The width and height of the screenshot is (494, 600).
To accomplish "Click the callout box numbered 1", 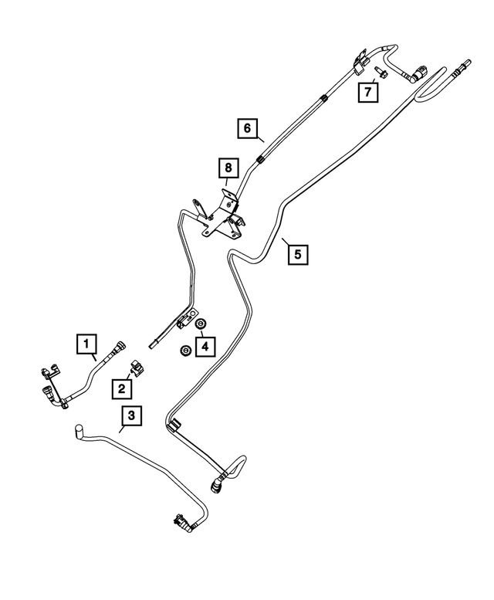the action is (86, 343).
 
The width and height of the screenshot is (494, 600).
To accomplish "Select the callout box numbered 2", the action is (122, 388).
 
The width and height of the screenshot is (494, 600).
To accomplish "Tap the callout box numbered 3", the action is (131, 415).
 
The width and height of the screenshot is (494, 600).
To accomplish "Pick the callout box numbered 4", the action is (205, 347).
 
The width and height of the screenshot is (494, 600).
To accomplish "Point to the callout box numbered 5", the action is (298, 254).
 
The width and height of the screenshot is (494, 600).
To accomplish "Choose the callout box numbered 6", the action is (247, 128).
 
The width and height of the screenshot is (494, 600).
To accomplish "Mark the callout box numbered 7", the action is (368, 92).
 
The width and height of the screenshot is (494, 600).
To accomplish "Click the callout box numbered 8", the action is (228, 168).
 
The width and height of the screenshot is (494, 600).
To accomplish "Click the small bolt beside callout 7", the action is (381, 72).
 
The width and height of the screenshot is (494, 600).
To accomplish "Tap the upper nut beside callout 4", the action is (200, 324).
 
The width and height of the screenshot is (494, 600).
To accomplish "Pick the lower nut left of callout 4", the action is (185, 351).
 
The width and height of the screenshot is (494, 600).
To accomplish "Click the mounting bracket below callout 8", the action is (222, 218).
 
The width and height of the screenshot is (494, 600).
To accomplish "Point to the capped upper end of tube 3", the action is (79, 430).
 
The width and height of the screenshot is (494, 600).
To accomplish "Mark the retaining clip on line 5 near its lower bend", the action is (174, 425).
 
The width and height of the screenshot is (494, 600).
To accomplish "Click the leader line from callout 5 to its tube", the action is (286, 242).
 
